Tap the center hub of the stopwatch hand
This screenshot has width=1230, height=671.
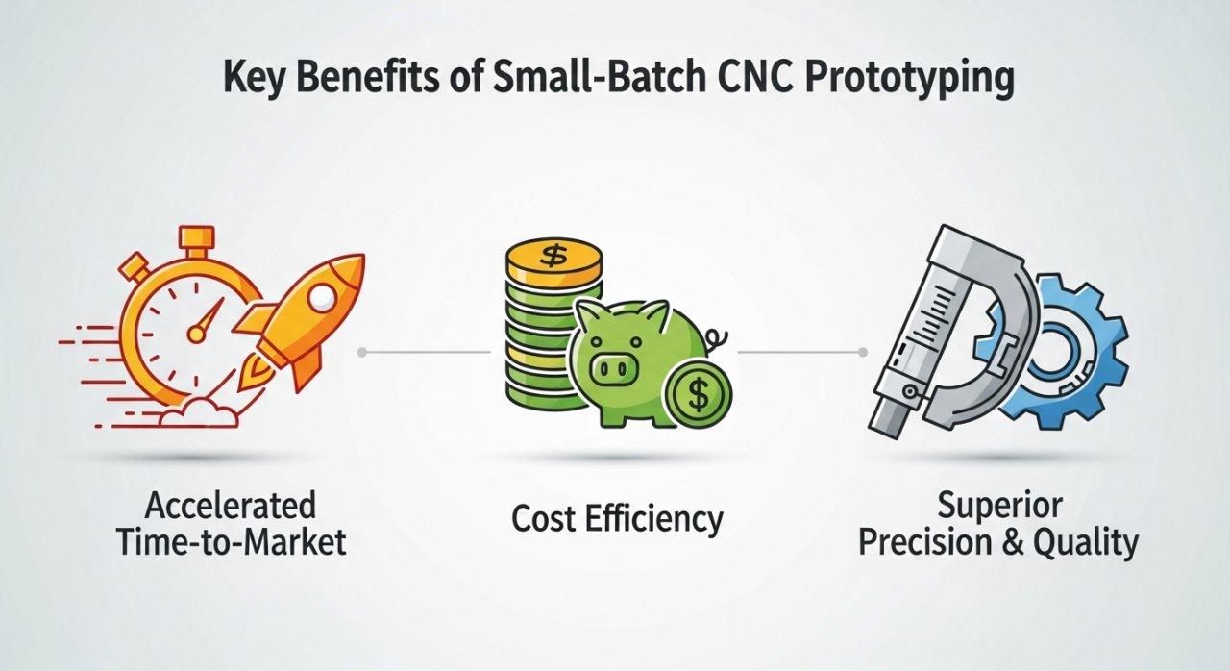[x=197, y=334]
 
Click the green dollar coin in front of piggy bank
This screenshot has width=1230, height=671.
[x=700, y=394]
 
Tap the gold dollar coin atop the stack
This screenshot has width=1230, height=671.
[x=552, y=257]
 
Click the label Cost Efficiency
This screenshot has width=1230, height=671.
[x=616, y=519]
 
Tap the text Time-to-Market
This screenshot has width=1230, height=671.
[x=231, y=542]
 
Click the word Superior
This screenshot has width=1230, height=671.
[x=998, y=505]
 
